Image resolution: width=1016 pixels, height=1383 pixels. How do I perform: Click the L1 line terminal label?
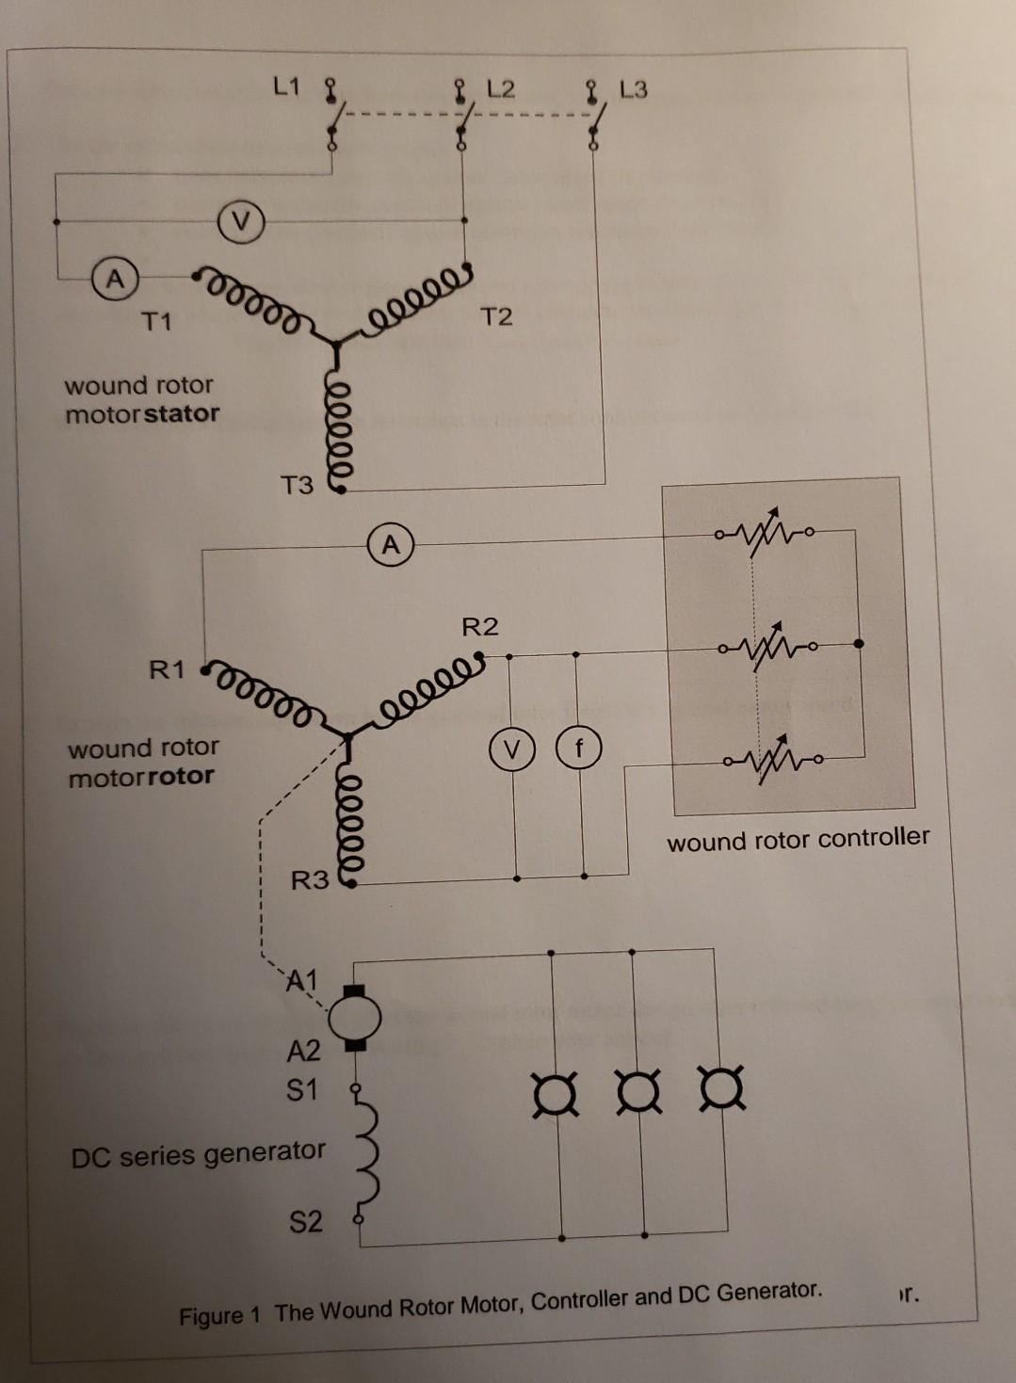286,88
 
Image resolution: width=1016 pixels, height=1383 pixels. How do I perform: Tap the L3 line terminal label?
634,90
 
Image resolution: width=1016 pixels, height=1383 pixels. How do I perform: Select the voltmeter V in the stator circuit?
242,223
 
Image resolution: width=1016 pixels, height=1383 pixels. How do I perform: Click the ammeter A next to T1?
115,280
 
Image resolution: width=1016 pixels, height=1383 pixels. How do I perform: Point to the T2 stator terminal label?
496,317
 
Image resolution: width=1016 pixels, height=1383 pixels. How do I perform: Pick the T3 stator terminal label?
297,486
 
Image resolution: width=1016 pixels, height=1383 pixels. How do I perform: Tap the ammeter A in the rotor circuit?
391,545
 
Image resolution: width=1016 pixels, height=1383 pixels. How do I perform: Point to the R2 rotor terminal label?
480,627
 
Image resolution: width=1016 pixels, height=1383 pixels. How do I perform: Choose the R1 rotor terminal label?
167,670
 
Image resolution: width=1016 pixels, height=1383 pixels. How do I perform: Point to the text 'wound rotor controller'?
798,839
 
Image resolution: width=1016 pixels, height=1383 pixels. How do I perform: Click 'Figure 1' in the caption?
218,1315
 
